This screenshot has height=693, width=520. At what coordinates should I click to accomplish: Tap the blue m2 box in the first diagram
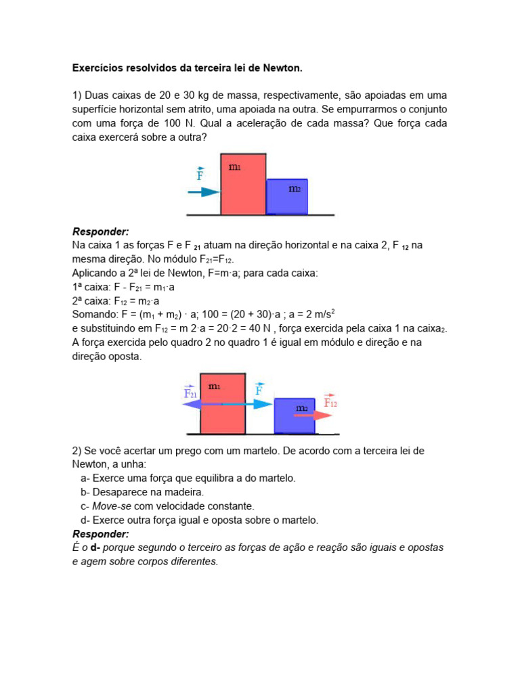click(x=287, y=196)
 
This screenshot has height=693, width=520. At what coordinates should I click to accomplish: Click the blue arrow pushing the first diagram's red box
click(x=203, y=192)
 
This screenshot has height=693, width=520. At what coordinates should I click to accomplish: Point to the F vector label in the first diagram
click(x=200, y=175)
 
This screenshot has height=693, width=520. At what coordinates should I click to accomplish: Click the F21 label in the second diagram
click(x=190, y=393)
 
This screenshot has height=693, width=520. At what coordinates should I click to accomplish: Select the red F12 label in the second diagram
click(x=330, y=402)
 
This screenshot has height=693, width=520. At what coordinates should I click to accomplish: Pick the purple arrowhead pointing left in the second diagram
click(x=190, y=404)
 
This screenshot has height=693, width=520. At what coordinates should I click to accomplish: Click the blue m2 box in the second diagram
click(x=295, y=415)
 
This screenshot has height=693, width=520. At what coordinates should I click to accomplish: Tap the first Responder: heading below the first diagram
click(x=100, y=231)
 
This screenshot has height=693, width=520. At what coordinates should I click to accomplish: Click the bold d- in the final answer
click(x=96, y=547)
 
